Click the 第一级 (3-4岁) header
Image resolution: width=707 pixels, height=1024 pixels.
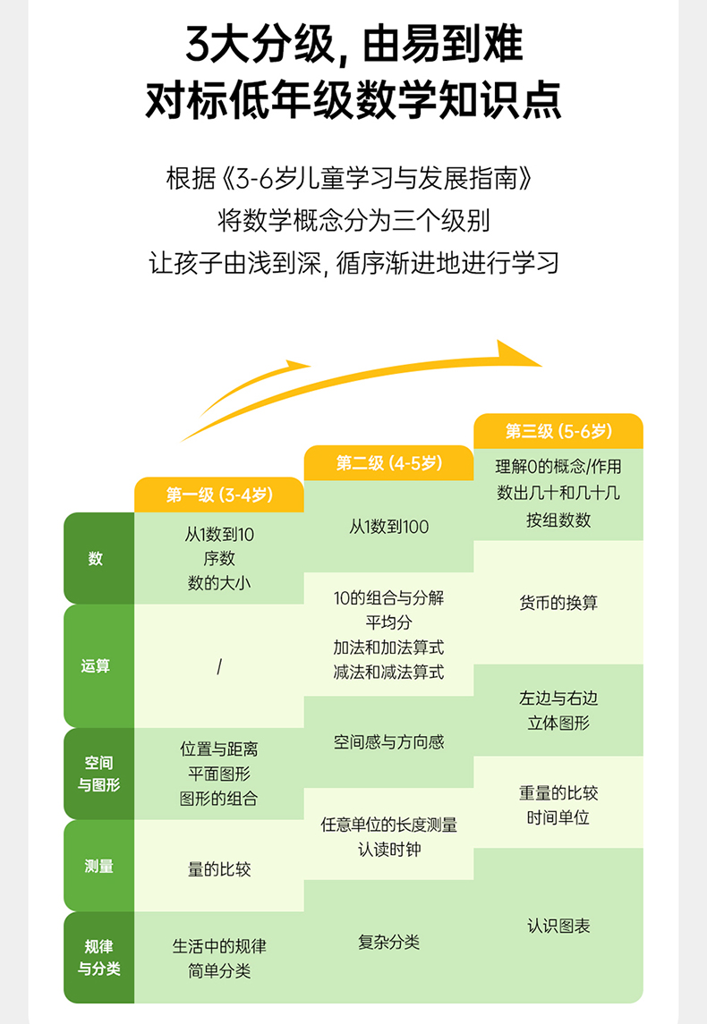[219, 495]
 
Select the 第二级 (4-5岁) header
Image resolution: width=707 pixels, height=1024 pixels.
[389, 462]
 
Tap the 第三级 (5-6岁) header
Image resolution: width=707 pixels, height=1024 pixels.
[558, 431]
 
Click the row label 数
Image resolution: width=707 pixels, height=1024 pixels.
[96, 559]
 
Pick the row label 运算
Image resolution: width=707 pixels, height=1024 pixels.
[96, 666]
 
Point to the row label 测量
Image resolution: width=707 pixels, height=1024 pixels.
[98, 866]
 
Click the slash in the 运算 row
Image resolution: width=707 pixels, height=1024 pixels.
[219, 667]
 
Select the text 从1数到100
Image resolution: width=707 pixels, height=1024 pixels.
[389, 527]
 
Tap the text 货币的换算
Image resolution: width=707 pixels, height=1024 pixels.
[558, 603]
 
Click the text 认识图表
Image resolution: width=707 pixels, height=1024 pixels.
[558, 926]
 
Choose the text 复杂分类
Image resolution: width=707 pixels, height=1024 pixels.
[389, 942]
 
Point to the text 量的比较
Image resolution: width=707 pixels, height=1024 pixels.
[219, 868]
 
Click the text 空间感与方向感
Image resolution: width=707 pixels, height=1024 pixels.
[389, 742]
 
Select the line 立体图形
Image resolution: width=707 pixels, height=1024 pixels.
[558, 723]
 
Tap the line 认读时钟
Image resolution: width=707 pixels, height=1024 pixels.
[389, 849]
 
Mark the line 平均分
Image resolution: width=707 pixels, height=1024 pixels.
[389, 622]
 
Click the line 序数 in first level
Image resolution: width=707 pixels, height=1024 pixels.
[219, 559]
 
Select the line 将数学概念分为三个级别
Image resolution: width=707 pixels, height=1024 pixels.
[353, 219]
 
